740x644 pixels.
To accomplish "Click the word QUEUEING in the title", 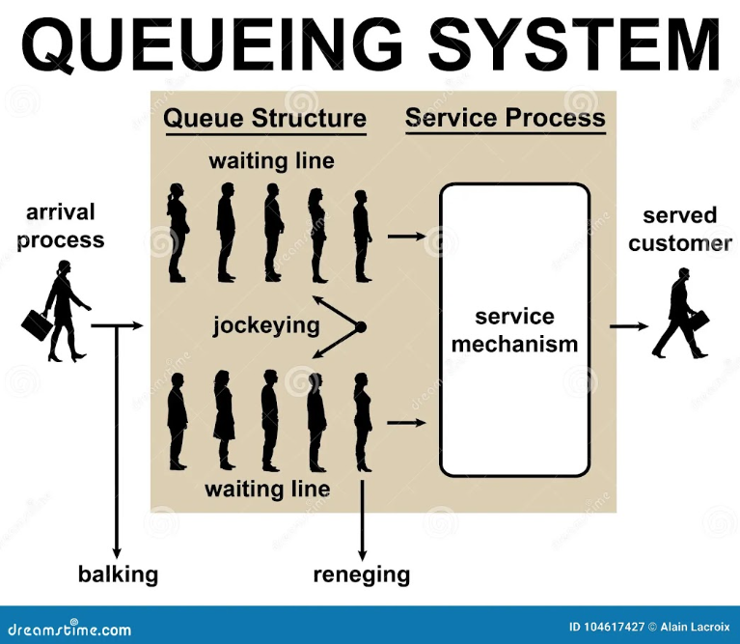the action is coord(212,44).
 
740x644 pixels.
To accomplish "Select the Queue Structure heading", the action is coord(264,118).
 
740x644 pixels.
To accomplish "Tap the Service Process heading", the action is coord(505,118).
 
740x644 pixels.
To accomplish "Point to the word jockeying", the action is coord(266,325).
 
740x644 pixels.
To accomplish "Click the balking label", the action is coord(118,574).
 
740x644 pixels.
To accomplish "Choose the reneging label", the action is coord(362,575).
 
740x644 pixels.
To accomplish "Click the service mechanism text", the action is coord(514,330).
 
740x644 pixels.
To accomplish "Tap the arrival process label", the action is coord(61,226).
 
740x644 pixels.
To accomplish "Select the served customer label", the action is coord(679,230).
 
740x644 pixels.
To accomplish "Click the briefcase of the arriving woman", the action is coord(35,324).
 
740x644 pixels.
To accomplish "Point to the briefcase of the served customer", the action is coord(699,322).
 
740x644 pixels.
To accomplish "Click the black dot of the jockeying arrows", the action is coord(361,326).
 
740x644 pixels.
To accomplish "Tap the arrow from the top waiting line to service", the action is coord(407,237).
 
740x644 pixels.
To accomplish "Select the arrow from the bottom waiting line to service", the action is coord(406,422).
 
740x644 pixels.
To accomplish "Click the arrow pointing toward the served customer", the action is coord(629,326).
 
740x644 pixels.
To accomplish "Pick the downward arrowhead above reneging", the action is coord(362,555).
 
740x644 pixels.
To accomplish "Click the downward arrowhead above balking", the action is coord(117,552).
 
